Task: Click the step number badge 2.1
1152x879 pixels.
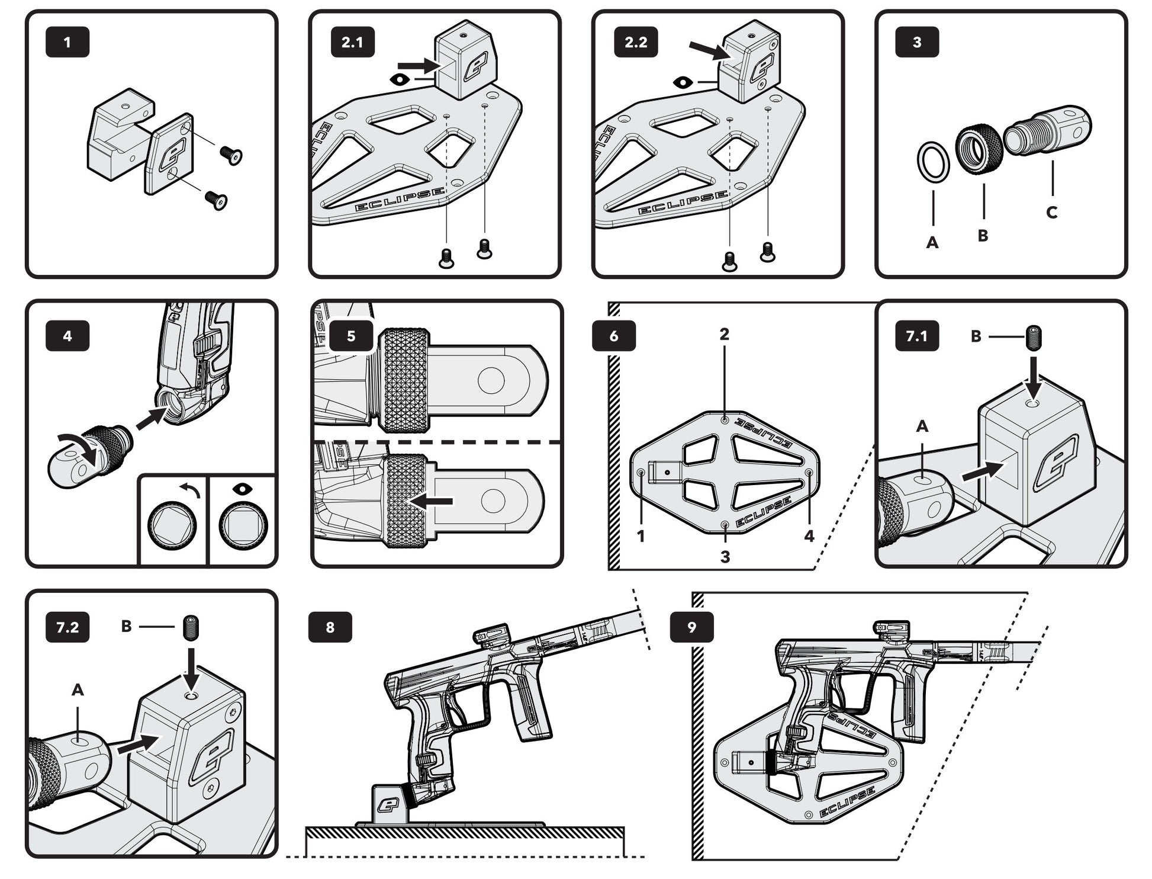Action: (352, 42)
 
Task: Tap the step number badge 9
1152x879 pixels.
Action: (691, 627)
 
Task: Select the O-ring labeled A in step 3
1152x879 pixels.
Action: (933, 161)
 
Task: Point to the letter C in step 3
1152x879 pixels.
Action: (1051, 212)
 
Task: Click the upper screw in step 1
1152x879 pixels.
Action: (231, 156)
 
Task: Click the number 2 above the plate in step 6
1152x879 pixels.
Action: (725, 335)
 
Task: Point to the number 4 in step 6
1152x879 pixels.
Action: (809, 536)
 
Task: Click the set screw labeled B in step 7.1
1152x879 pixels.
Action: (1034, 338)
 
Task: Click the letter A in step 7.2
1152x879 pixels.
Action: (78, 689)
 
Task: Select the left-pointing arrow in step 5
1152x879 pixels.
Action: (432, 502)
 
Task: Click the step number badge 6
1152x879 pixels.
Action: (614, 336)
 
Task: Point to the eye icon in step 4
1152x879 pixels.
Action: (242, 489)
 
